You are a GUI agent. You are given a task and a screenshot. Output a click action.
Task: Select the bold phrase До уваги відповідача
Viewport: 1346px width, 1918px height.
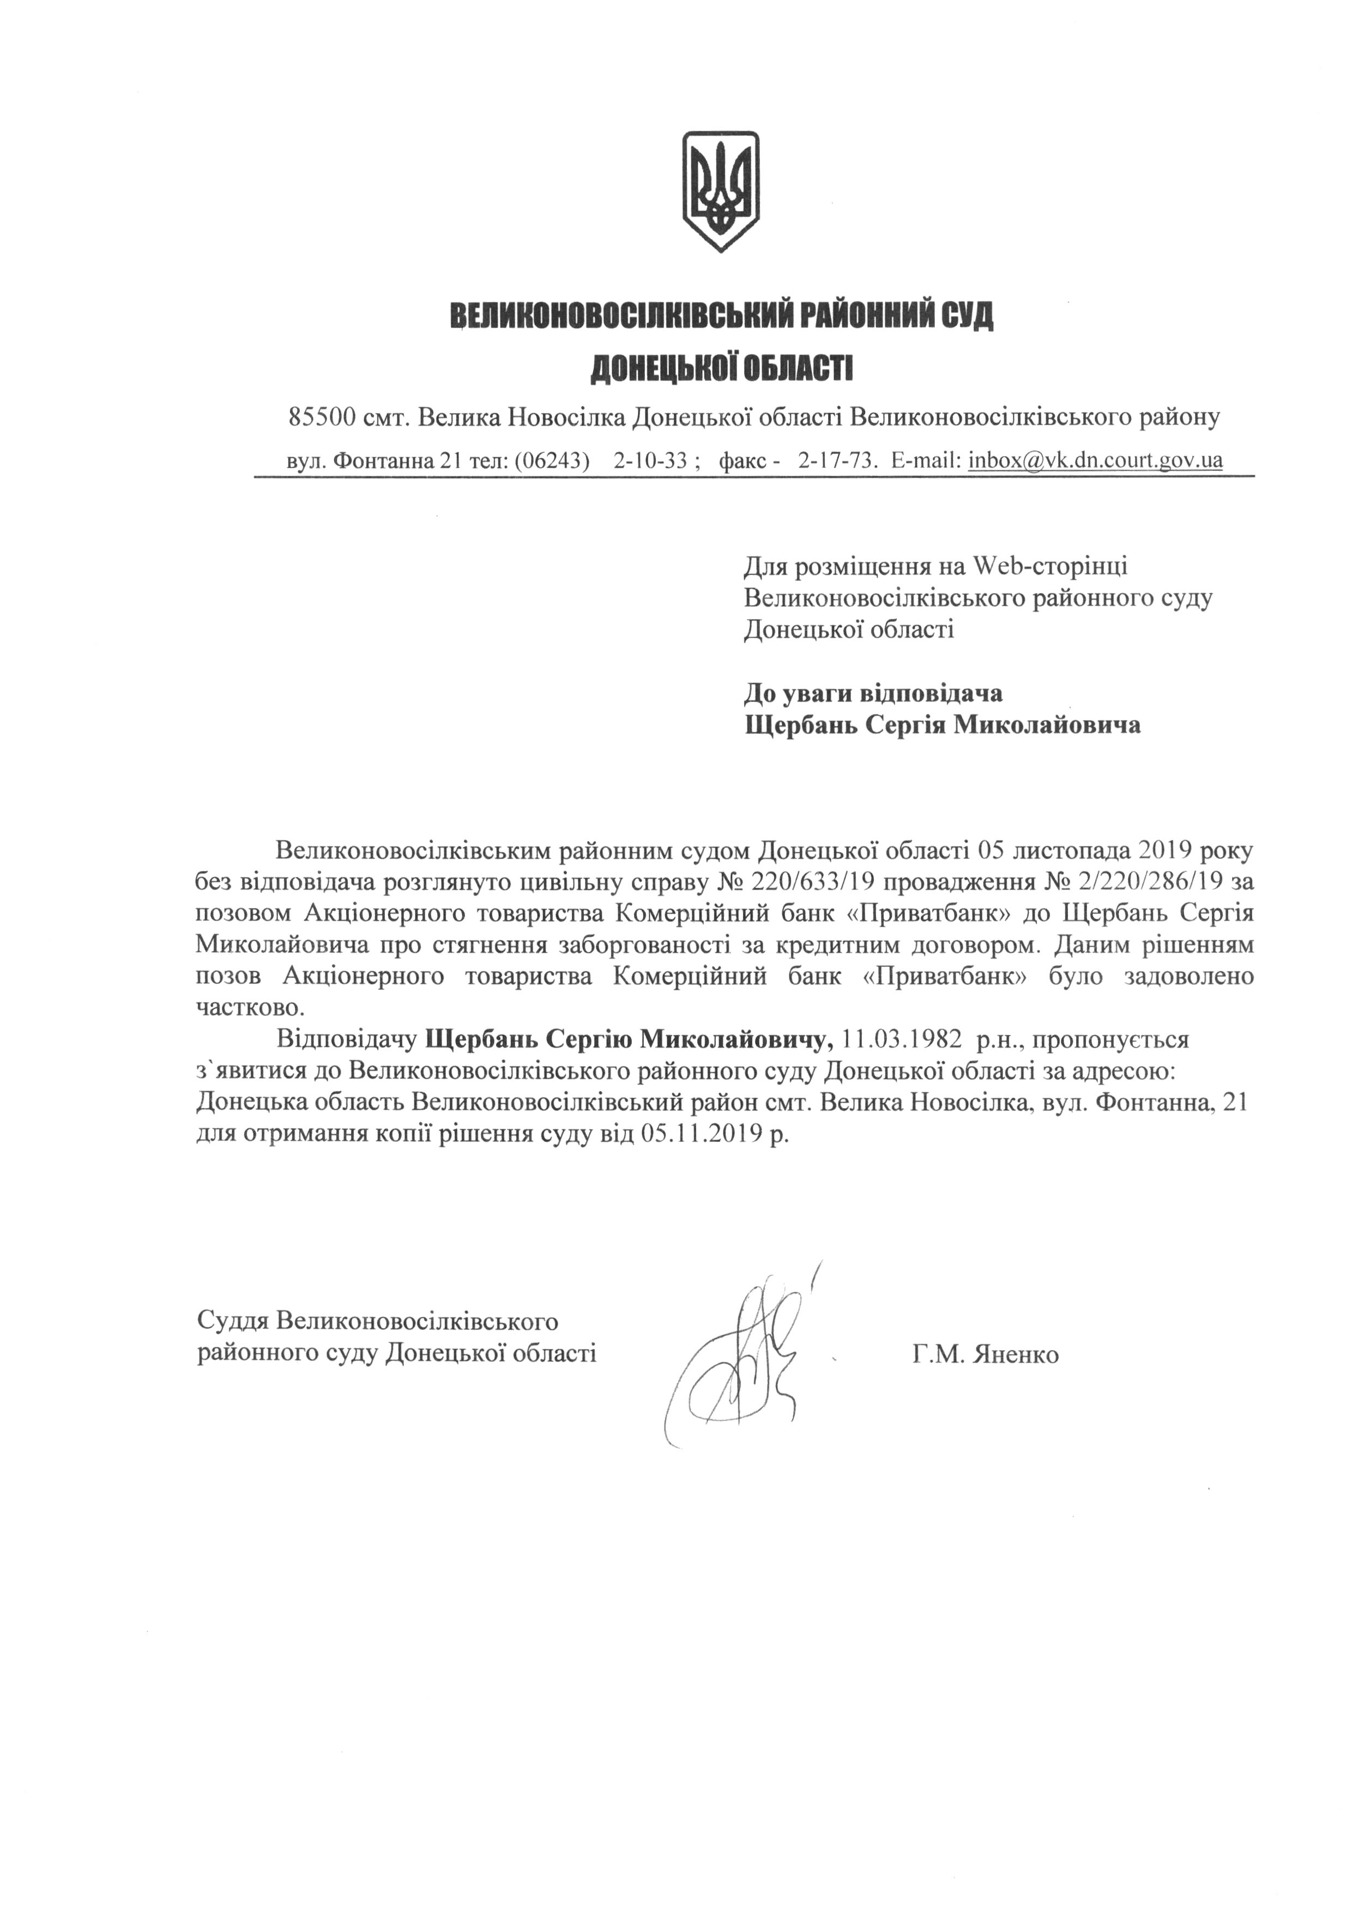pyautogui.click(x=873, y=693)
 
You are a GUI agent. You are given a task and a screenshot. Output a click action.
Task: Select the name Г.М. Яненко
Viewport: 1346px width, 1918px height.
pyautogui.click(x=985, y=1354)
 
